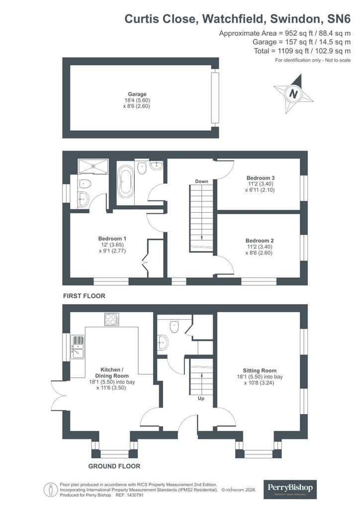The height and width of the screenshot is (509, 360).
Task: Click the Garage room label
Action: click(x=137, y=94)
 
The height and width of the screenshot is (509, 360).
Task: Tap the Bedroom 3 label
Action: click(x=261, y=178)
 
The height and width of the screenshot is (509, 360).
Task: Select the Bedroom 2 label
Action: click(x=260, y=241)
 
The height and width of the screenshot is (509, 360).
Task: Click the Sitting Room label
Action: click(x=260, y=370)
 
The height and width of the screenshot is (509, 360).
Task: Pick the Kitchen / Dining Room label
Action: click(x=112, y=373)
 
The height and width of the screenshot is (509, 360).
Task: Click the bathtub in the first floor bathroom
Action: click(x=126, y=181)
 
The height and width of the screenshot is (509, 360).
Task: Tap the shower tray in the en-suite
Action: click(x=93, y=166)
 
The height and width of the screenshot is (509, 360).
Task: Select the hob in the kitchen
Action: click(x=112, y=319)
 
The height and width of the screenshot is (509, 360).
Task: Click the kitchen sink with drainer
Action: click(x=78, y=347)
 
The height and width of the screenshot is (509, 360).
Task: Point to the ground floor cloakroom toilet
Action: click(x=175, y=326)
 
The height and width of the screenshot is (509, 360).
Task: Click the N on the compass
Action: click(x=293, y=94)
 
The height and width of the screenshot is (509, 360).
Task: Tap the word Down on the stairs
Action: click(x=201, y=181)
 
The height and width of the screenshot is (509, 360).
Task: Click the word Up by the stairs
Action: click(x=201, y=398)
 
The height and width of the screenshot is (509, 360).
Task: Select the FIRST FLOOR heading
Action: click(x=84, y=296)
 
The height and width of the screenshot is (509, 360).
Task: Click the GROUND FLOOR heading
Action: click(x=114, y=466)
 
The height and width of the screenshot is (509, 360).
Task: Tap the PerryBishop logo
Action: click(x=290, y=489)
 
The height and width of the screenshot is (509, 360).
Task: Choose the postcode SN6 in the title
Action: click(x=339, y=19)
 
